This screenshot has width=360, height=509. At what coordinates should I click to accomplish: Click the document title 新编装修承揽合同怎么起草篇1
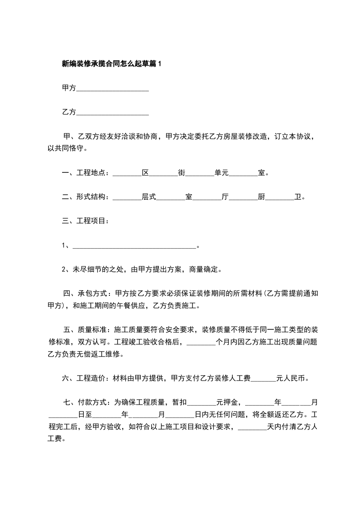coord(112,64)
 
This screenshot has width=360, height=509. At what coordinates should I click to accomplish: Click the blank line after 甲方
coord(113,88)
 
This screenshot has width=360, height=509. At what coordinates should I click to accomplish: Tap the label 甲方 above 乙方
coord(69,88)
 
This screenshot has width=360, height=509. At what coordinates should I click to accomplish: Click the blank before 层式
coord(127,197)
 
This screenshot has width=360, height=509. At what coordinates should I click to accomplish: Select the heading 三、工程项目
coord(85,221)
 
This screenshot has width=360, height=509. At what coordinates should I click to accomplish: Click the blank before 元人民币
coord(263,378)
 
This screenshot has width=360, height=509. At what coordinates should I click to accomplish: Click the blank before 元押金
coord(202,402)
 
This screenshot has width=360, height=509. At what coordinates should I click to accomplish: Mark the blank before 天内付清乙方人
coord(252,427)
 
